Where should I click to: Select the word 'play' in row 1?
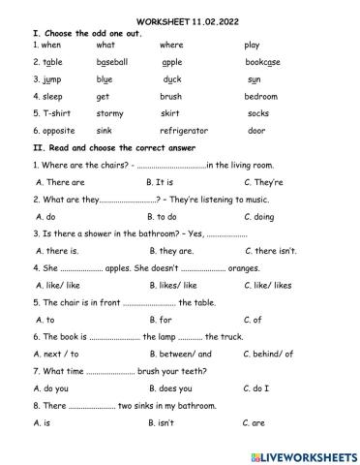point(253,45)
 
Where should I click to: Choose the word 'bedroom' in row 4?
point(261,96)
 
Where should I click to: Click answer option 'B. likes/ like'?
point(174,285)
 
